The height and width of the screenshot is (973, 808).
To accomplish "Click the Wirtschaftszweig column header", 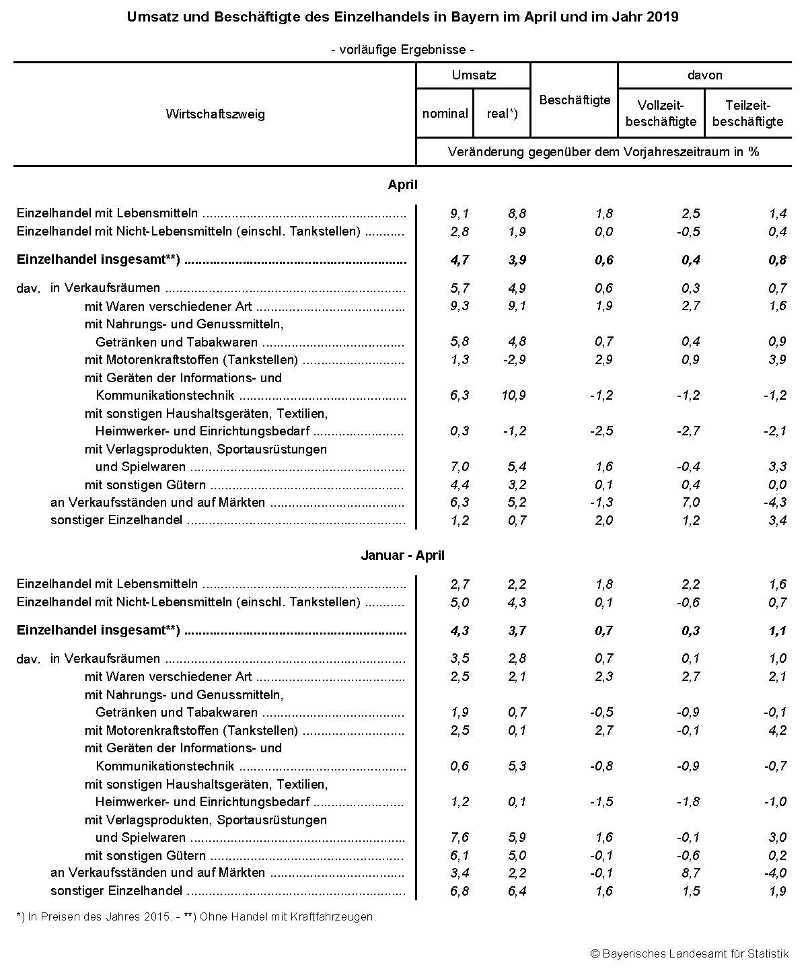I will coord(215,114).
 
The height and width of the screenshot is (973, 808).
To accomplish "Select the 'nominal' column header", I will coord(445,113).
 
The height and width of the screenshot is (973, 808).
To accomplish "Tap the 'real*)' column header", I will coord(502,113).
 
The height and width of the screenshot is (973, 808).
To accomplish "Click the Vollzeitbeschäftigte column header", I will coord(661,113).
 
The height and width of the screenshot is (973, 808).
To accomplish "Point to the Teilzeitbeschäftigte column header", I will coord(747,113).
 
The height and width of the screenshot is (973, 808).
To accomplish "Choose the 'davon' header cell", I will coord(704,75).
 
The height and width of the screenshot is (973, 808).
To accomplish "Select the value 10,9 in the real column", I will coord(513,395).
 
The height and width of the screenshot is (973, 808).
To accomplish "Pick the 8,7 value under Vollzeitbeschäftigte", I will coord(691,873).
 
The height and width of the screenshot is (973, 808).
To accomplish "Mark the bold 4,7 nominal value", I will coord(459,260).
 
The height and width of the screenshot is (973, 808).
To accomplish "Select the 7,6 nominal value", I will coord(459,837).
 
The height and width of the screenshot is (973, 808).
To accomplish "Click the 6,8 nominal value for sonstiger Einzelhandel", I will coord(459,891).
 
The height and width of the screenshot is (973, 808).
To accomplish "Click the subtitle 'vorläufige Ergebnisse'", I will coord(402,50).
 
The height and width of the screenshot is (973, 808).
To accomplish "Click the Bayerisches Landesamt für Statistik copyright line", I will coord(689,953).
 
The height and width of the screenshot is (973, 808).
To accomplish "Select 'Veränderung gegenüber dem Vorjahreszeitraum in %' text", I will coord(603,151).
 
